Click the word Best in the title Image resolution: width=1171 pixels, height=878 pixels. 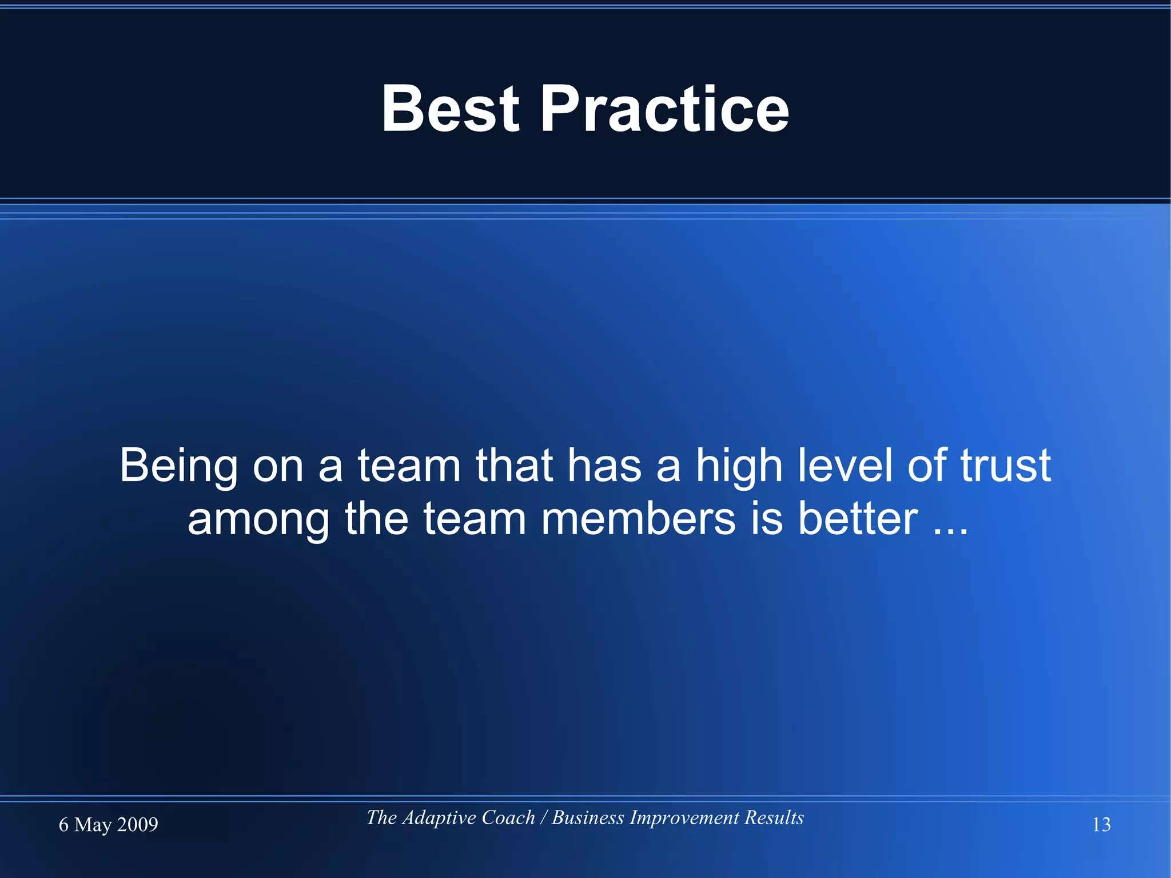pos(451,109)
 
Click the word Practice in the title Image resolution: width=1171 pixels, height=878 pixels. pos(664,109)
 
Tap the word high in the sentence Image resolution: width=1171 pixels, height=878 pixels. pos(739,466)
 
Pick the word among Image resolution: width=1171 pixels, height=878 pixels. pos(258,519)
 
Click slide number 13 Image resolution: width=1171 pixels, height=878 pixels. pos(1101,825)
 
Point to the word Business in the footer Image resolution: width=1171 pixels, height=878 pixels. pos(588,818)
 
